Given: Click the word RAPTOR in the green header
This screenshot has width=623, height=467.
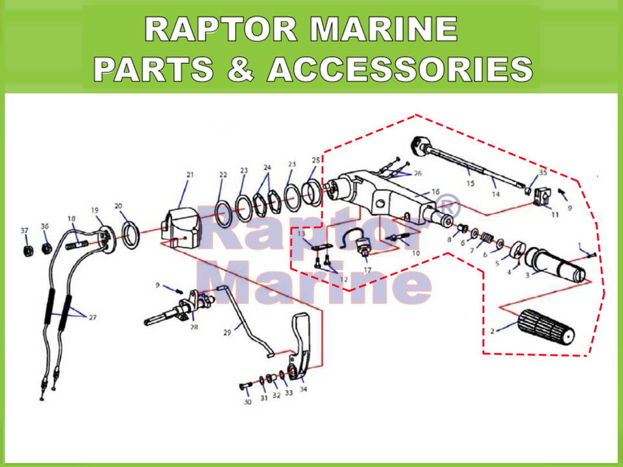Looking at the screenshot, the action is click(x=221, y=29).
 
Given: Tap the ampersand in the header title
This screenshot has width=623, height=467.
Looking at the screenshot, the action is click(x=241, y=68).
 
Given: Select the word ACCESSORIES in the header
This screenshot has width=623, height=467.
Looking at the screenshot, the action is click(x=400, y=69).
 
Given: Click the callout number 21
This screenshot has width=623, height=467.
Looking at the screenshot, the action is click(x=190, y=174).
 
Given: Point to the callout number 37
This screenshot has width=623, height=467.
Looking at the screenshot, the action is click(x=25, y=231).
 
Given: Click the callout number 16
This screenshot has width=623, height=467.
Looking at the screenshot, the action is click(x=435, y=192).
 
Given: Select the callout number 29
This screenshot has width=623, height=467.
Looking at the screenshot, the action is click(x=227, y=332).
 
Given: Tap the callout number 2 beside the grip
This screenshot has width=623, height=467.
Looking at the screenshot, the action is click(x=493, y=331).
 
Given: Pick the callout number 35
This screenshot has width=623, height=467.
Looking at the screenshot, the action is click(x=543, y=173).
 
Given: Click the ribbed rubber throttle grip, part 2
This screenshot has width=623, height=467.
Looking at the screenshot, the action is click(x=546, y=326).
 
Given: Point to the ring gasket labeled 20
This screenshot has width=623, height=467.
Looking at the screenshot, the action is click(x=131, y=235).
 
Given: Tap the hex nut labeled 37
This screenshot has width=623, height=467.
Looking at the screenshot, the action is click(x=27, y=251).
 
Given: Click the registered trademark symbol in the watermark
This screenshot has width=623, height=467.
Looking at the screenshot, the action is click(x=448, y=206).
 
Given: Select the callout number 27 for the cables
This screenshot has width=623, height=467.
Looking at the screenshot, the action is click(x=93, y=317).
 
